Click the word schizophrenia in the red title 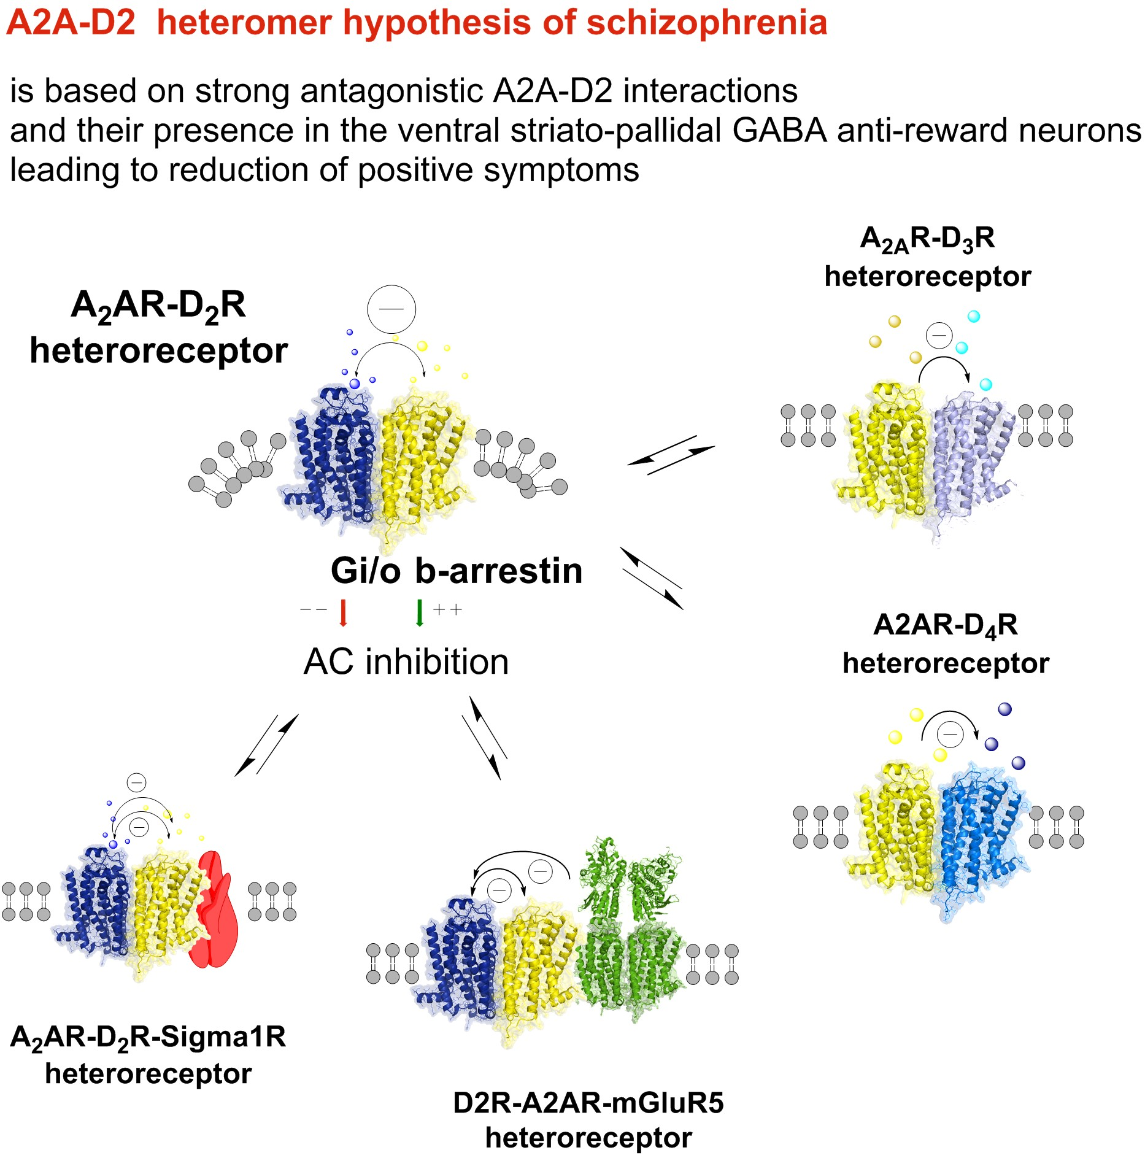click(707, 23)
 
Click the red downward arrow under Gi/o click(343, 612)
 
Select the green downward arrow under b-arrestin click(420, 612)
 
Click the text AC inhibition click(406, 662)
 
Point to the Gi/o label click(366, 571)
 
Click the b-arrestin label click(498, 571)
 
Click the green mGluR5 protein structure click(629, 933)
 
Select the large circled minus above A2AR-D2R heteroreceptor click(391, 309)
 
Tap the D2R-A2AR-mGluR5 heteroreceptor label click(588, 1120)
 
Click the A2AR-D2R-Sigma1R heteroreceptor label click(148, 1054)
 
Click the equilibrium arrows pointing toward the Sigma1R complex click(266, 744)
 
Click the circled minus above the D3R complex click(939, 335)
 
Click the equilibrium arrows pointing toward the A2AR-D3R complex click(671, 455)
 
